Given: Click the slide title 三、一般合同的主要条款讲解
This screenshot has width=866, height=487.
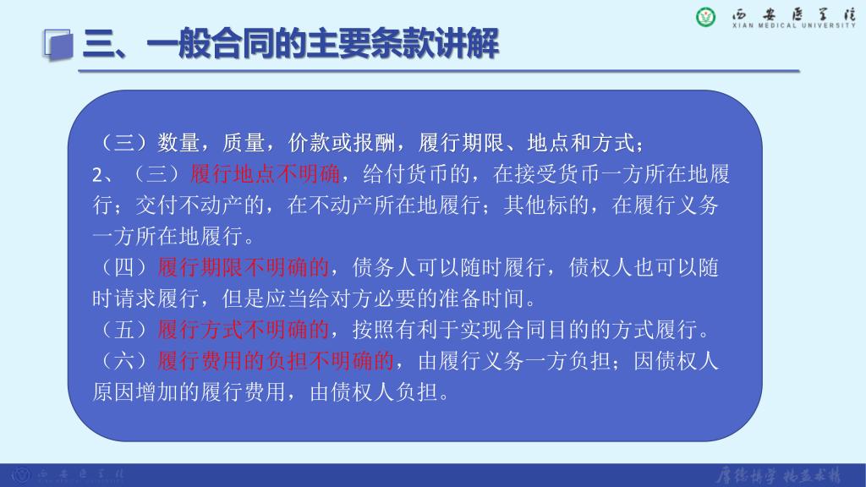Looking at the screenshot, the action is tap(291, 44).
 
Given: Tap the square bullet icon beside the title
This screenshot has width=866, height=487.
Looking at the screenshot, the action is tap(58, 45).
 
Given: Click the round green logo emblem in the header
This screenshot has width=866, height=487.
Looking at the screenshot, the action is tap(705, 17).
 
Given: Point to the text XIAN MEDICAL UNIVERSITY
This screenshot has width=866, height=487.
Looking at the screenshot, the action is tap(793, 25).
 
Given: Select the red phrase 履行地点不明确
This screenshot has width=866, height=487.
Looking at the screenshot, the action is tap(265, 174).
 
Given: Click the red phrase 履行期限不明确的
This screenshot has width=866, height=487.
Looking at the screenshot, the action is tap(244, 268).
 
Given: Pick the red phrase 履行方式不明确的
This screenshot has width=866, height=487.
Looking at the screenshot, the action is tap(244, 330).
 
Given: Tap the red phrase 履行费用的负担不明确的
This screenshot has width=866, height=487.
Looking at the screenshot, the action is tap(276, 361).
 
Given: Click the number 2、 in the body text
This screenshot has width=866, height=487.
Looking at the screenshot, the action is tap(102, 175).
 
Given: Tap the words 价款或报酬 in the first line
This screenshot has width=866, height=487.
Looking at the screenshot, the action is tap(342, 143).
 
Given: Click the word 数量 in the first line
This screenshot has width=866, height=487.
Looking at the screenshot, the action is tap(178, 143).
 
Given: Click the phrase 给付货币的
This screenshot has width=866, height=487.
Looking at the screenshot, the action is tap(416, 174).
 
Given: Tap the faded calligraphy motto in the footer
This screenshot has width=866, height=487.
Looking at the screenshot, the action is tap(779, 475).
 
